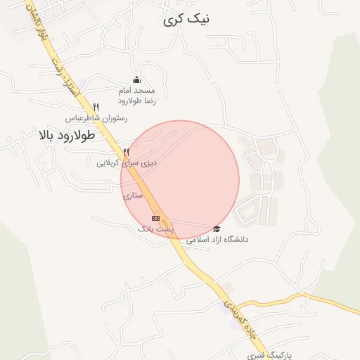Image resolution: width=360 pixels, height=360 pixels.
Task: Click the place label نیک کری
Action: point(186,20)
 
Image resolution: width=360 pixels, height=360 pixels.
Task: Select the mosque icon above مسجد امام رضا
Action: point(136,79)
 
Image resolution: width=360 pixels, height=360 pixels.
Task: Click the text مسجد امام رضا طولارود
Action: point(136,96)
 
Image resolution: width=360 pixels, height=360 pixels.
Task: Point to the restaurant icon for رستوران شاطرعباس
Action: point(96,107)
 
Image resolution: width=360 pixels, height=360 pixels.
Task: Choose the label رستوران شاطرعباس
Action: point(96,118)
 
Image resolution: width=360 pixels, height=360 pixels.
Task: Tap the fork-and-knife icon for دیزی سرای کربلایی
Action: point(127,151)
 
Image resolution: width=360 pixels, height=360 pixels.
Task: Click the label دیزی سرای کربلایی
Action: point(127,162)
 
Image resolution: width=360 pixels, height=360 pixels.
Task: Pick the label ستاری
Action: point(133,195)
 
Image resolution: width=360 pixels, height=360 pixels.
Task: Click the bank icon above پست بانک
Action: point(155,219)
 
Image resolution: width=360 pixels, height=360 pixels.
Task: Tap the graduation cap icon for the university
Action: point(217,229)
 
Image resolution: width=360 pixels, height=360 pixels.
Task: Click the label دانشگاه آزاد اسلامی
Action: point(217,240)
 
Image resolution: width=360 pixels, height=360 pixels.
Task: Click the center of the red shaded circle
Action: point(180,179)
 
